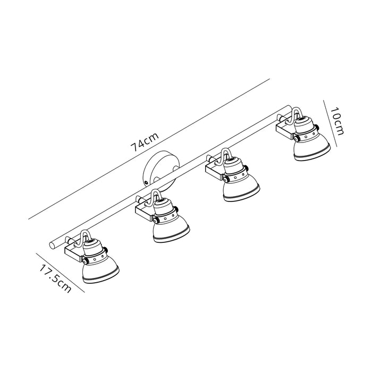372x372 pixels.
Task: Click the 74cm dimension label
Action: pyautogui.click(x=145, y=142)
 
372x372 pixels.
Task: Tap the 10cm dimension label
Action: pyautogui.click(x=337, y=121)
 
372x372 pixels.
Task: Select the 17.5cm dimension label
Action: pyautogui.click(x=55, y=278)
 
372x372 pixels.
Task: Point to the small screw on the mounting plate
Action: pyautogui.click(x=146, y=183)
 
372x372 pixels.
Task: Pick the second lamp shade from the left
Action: pyautogui.click(x=171, y=230)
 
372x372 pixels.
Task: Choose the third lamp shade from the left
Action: pyautogui.click(x=241, y=189)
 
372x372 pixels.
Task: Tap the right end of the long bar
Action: pyautogui.click(x=289, y=108)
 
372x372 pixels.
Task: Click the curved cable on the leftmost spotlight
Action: pyautogui.click(x=83, y=238)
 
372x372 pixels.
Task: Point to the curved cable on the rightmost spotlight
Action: pyautogui.click(x=294, y=116)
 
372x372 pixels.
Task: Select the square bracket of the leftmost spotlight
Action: pyautogui.click(x=74, y=252)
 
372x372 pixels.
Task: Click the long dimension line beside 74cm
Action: pyautogui.click(x=149, y=149)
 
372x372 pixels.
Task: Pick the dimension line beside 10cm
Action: pyautogui.click(x=330, y=123)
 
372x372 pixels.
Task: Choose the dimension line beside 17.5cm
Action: pyautogui.click(x=60, y=273)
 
